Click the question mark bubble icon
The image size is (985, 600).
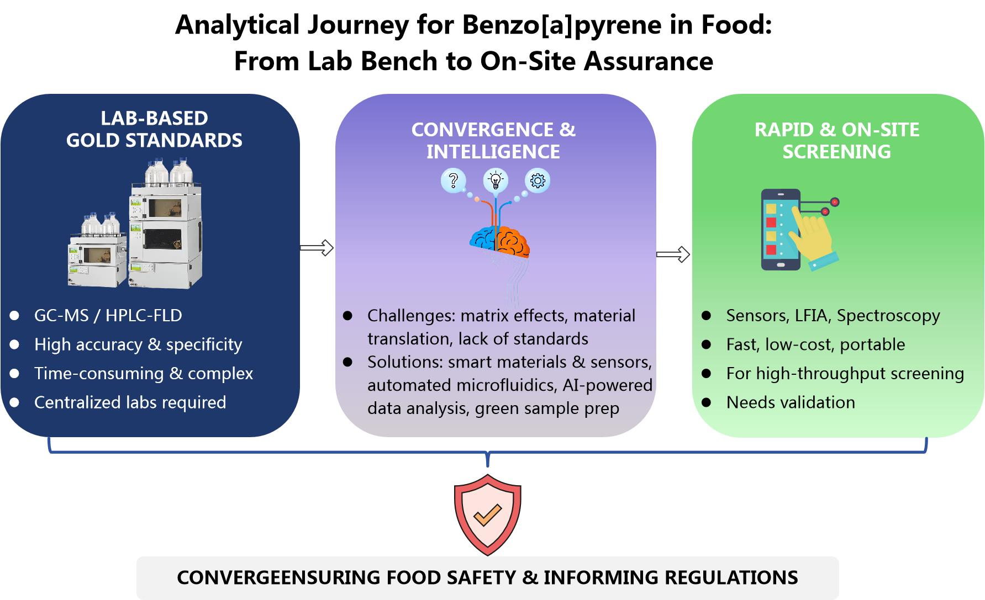point(453,180)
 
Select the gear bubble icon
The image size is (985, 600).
point(537,180)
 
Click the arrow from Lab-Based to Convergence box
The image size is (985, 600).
point(317,248)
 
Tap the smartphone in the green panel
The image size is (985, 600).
point(780,230)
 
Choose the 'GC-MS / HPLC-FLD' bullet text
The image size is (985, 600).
point(108,316)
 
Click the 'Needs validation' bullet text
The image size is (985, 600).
point(790,402)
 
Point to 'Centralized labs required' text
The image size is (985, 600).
point(130,402)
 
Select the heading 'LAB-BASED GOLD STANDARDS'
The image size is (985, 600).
point(154,129)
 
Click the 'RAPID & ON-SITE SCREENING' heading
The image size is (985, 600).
point(836,140)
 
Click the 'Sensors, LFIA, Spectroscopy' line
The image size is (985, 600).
point(833,316)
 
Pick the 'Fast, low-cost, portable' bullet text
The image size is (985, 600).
point(815,344)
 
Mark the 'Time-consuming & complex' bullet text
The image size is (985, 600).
point(143,374)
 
